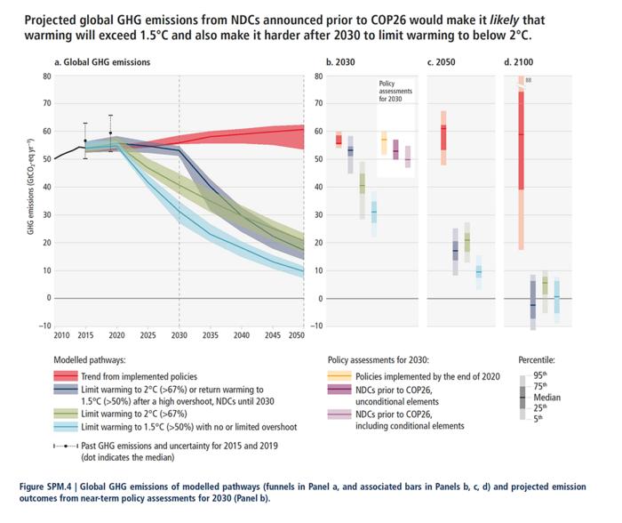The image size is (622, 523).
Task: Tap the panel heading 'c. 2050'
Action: pyautogui.click(x=443, y=62)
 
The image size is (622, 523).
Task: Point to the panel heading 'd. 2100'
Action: pyautogui.click(x=520, y=62)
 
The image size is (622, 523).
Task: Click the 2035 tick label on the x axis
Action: pyautogui.click(x=211, y=334)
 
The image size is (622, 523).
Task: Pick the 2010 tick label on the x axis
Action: pyautogui.click(x=60, y=334)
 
